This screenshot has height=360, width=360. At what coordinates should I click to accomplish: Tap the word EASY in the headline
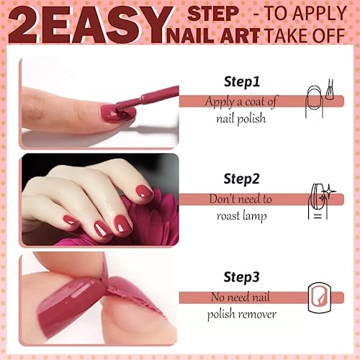pos(107,26)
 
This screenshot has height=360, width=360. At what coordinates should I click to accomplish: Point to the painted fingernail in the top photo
pos(115,112)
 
